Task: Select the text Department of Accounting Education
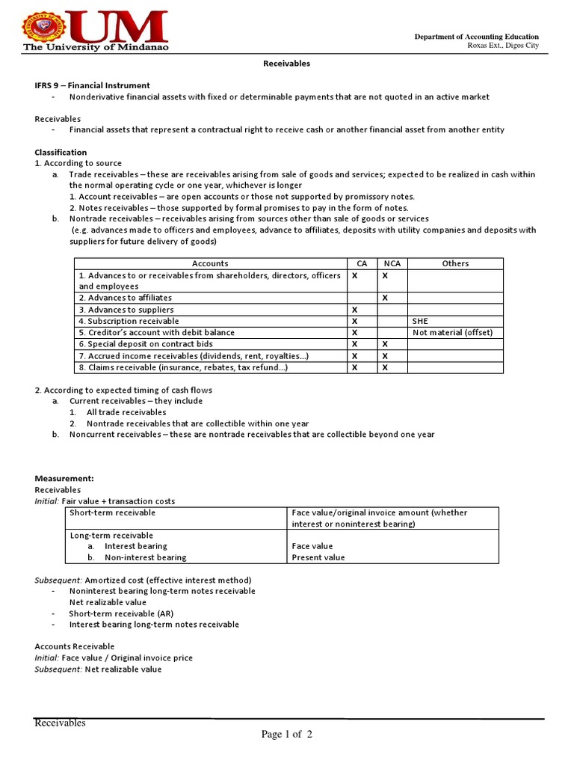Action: coord(477,37)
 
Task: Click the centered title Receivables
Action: coord(286,64)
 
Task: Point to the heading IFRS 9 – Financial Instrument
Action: coord(93,85)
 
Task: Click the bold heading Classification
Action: coord(61,152)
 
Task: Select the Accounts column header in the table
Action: coord(210,263)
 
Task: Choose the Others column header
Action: coord(455,263)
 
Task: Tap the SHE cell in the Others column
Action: coord(420,321)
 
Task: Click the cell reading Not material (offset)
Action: coord(453,332)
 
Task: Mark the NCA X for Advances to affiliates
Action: coord(385,298)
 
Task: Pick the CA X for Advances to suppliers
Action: coord(354,310)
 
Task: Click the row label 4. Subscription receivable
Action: coord(129,321)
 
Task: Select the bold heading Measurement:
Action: coord(64,478)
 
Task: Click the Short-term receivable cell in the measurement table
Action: coord(112,512)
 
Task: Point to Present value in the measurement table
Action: coord(318,557)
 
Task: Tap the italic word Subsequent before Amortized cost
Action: coord(58,580)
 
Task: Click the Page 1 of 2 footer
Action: coord(287,734)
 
